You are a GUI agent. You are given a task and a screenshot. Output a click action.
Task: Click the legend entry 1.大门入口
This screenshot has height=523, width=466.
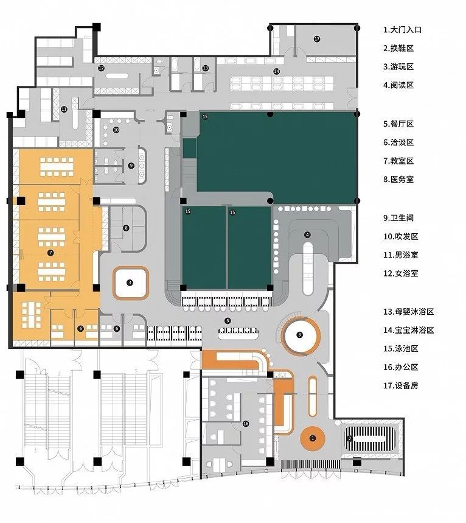pos(402,30)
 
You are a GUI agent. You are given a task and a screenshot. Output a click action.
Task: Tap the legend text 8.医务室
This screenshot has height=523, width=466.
pos(398,179)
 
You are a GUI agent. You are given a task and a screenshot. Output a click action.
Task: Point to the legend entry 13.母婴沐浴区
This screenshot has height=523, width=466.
pos(408,312)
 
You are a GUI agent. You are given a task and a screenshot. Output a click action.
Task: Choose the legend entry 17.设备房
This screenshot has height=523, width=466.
pos(401,385)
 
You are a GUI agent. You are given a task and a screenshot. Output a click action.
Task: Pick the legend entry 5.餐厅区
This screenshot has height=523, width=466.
pos(398,124)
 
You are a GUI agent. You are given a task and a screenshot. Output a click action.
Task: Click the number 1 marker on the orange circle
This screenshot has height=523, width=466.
pos(312,438)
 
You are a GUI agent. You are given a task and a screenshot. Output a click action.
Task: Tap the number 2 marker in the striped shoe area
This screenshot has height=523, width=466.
pos(350,438)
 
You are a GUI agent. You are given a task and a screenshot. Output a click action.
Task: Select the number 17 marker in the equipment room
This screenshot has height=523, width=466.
pos(317,39)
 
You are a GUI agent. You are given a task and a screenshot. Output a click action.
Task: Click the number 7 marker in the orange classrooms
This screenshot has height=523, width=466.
pos(50,253)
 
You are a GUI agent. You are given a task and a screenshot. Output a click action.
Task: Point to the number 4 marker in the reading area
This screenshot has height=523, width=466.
pos(307,235)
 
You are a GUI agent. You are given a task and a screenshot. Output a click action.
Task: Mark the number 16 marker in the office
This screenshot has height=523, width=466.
pos(246,424)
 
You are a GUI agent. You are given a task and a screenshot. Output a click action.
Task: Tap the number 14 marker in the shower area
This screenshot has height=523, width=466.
pos(276,71)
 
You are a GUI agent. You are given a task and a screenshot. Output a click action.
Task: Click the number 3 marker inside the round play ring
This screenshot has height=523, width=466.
pos(300,334)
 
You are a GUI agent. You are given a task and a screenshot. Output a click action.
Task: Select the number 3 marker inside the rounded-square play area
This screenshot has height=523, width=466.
pos(130,283)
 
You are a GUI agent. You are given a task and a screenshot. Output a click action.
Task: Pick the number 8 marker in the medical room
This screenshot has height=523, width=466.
pos(126,228)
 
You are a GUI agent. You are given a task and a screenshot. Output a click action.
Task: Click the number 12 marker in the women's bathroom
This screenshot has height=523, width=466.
pos(102,68)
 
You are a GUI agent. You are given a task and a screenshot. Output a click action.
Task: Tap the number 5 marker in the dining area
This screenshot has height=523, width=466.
pos(228,321)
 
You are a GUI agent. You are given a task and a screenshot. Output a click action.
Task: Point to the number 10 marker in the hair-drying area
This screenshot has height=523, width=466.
pos(116,130)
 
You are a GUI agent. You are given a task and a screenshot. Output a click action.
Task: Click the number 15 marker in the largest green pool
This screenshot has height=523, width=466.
pos(205,116)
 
